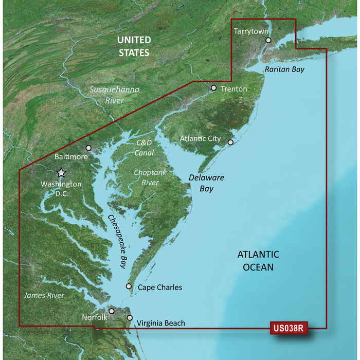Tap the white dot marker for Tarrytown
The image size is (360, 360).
[268, 40]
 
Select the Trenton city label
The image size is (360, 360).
[233, 89]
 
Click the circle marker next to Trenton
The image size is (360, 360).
[213, 88]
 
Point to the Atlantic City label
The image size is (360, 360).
[200, 139]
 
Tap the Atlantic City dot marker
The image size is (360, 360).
[230, 142]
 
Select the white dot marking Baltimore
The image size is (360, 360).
[88, 148]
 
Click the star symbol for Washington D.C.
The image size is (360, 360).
[61, 173]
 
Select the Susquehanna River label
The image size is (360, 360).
[115, 95]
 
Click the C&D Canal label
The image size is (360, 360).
[145, 147]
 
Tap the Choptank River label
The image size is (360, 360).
[150, 177]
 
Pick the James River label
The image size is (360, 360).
[44, 296]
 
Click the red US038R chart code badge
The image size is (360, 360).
[288, 328]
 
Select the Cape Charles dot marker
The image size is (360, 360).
[129, 286]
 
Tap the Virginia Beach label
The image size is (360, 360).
[160, 323]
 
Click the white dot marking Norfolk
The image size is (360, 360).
[112, 311]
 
